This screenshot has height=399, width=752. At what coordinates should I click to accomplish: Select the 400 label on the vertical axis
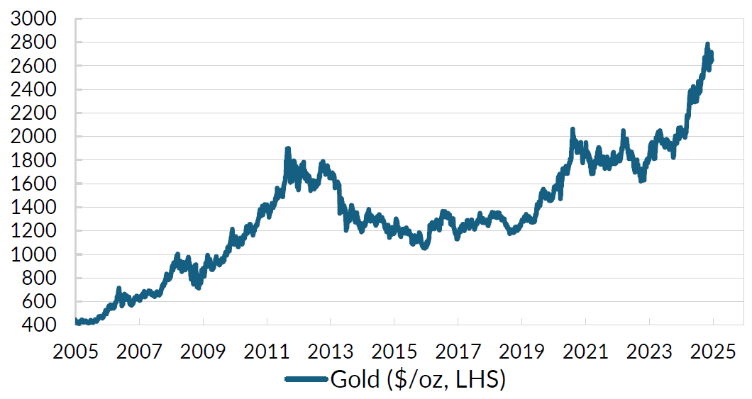[x=40, y=325]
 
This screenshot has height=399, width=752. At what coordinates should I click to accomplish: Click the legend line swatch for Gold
[x=307, y=380]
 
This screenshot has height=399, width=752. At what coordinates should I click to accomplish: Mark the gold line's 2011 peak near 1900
[x=287, y=149]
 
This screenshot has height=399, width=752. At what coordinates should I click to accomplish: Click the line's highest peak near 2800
[x=707, y=45]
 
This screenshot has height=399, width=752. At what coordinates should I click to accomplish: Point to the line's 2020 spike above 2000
[x=573, y=130]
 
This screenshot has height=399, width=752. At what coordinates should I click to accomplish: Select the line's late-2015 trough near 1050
[x=424, y=248]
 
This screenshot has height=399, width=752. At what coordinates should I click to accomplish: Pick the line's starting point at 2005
[x=76, y=321]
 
